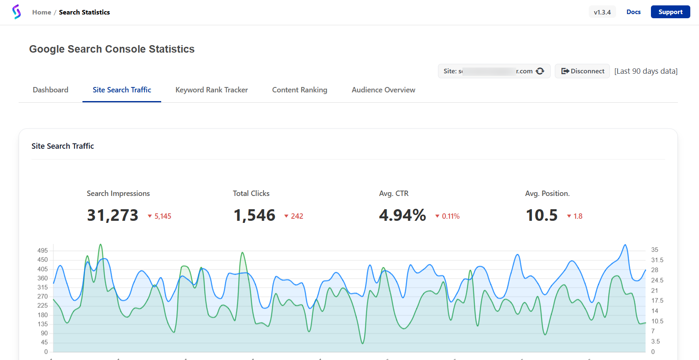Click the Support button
670,12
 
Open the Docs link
633,12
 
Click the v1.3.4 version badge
602,12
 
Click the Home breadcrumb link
41,12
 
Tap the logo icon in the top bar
17,12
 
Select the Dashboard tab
51,90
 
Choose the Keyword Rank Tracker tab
211,90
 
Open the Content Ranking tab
300,90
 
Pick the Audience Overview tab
383,90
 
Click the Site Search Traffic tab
122,90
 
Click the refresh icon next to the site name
540,71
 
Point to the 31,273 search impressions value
113,215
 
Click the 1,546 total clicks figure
254,215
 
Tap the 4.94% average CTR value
402,215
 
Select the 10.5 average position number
542,215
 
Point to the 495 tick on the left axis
43,251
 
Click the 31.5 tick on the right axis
657,260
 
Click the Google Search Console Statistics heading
112,49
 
